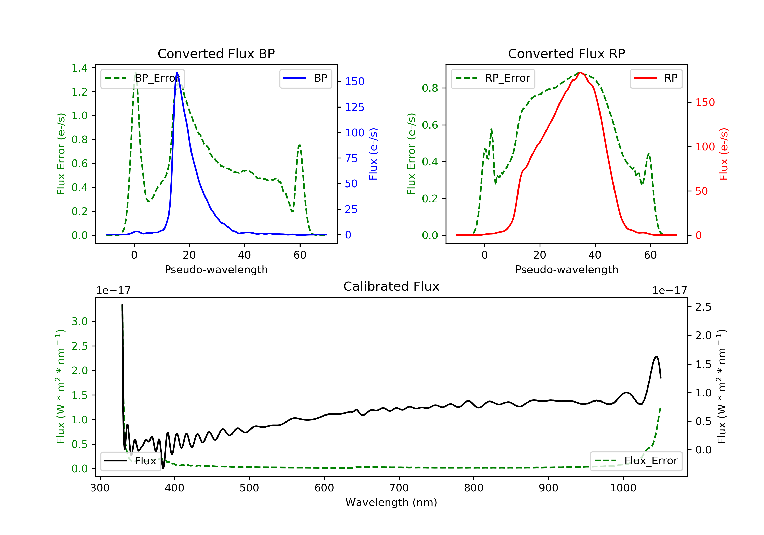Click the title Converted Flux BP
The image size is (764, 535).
[216, 53]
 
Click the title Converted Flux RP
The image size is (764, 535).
[566, 53]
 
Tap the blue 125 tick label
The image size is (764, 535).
[354, 107]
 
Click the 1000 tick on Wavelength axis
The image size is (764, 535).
[623, 488]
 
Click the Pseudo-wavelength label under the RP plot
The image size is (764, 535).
[566, 269]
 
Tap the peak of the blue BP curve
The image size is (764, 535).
[177, 72]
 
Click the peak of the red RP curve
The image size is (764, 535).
[580, 72]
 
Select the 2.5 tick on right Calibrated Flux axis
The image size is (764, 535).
[703, 307]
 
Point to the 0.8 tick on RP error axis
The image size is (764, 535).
[430, 88]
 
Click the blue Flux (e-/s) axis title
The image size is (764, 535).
[373, 154]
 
